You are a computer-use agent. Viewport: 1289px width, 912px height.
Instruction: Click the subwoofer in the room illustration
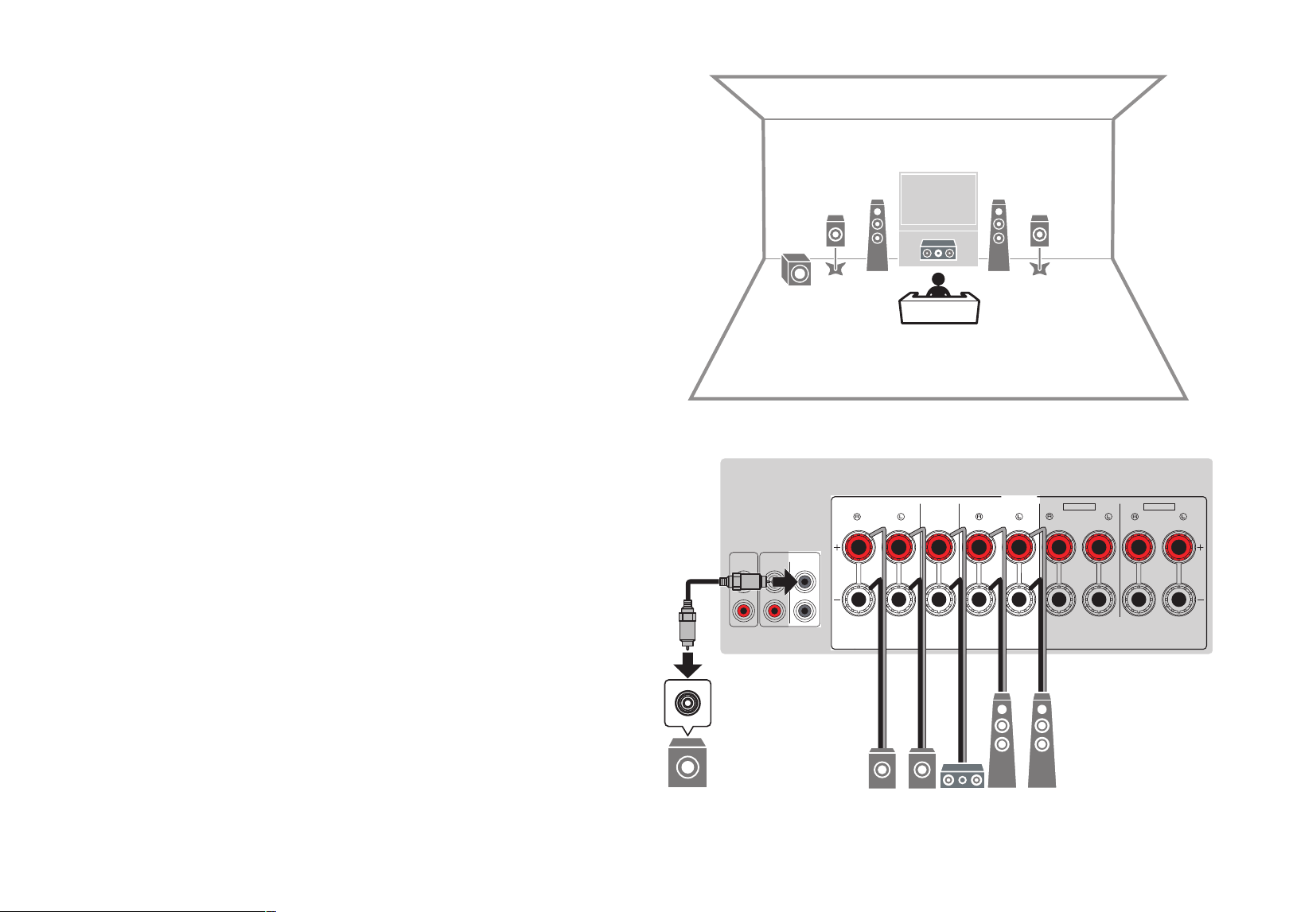point(796,270)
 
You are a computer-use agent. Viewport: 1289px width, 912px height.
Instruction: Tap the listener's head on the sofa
point(939,280)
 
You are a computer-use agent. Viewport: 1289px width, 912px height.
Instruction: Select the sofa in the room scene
point(939,309)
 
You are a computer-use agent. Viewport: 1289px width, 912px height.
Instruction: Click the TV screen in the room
point(939,200)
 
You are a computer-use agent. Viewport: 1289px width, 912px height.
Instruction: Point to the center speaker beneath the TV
point(939,252)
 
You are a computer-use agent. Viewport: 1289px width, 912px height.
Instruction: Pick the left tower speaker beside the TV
point(877,235)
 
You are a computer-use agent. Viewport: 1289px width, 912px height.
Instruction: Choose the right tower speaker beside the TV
point(999,235)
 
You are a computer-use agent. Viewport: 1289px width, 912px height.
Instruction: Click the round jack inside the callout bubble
point(687,703)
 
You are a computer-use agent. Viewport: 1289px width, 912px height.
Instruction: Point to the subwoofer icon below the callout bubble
point(687,763)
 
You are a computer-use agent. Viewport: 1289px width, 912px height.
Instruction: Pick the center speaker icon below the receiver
point(962,776)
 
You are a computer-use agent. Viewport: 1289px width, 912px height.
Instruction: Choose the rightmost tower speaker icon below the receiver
point(1042,740)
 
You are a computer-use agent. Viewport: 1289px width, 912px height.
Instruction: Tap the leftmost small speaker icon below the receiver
point(882,768)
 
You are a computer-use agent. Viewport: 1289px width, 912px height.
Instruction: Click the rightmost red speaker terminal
point(1178,547)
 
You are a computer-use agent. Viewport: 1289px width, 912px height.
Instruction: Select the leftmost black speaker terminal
point(859,600)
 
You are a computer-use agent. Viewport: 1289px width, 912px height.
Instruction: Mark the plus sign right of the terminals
point(1201,547)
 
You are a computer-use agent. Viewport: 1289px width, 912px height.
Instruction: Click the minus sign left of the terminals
point(837,600)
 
